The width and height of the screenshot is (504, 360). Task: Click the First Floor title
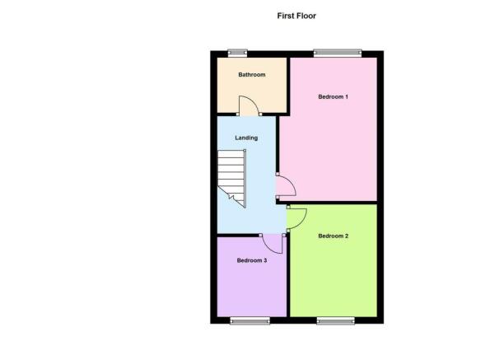[296, 16]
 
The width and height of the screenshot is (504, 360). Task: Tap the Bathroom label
[252, 75]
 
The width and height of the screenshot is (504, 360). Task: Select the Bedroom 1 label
[333, 96]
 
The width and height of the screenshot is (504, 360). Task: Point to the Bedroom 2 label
[334, 236]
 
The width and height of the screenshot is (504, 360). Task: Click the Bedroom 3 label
[252, 260]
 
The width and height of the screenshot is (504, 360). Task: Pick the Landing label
[246, 138]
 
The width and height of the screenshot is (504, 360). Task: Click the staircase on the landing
[231, 179]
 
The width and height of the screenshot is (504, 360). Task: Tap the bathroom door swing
[249, 105]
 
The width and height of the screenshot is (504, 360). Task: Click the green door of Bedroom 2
[296, 219]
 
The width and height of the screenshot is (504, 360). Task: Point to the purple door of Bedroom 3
[273, 244]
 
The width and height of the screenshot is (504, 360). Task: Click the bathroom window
[237, 53]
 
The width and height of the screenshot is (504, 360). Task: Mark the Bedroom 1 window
[338, 53]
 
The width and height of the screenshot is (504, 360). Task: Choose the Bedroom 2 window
[335, 320]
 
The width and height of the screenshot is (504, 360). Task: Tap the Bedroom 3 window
[250, 320]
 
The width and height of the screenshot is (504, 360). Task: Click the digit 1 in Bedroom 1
[347, 96]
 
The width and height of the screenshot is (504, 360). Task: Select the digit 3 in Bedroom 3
[265, 260]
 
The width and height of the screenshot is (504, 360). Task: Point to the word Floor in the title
[306, 16]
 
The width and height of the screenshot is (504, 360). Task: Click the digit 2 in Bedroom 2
[347, 236]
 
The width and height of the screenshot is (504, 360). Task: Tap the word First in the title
[286, 16]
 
